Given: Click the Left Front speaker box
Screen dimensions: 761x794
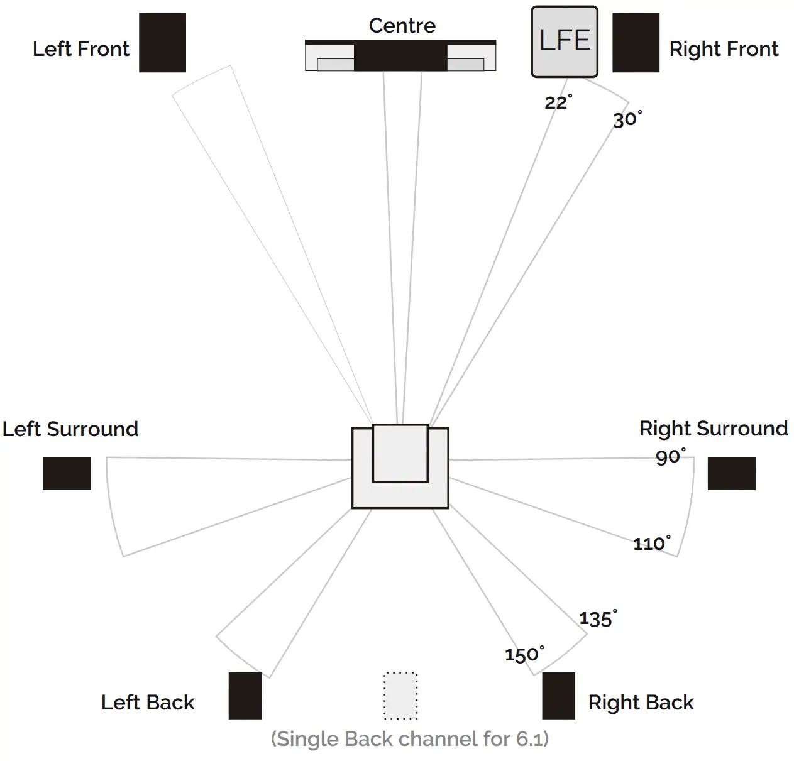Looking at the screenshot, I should [162, 42].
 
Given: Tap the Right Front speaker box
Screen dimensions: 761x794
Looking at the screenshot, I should [636, 42].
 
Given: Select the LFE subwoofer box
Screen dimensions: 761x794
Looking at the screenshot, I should [565, 41].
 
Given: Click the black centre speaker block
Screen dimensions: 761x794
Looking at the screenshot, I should [400, 57].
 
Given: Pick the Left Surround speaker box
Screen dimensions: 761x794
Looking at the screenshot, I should [67, 473].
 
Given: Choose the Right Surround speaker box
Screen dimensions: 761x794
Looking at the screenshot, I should [731, 473].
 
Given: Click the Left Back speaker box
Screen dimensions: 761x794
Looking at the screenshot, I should [245, 696].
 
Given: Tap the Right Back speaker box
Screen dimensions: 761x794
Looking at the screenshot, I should [558, 696].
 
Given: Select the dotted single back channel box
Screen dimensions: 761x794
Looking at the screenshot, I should [400, 696].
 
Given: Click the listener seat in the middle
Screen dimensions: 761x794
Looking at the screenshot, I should [400, 467].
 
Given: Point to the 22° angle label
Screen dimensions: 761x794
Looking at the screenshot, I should [558, 102].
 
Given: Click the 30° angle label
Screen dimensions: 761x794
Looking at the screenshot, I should [627, 119].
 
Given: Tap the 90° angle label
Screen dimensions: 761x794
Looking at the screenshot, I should [670, 457].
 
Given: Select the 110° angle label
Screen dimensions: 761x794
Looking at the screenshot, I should [651, 543].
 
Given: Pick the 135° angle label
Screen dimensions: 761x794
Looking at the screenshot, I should [597, 618].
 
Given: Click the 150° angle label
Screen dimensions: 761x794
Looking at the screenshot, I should [524, 654].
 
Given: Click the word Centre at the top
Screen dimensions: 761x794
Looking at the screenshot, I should [402, 26].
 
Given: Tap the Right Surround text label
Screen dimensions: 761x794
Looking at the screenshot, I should [713, 429].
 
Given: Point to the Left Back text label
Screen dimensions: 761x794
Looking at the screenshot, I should [148, 702].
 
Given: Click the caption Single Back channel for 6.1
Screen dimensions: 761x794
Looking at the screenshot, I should [409, 738].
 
